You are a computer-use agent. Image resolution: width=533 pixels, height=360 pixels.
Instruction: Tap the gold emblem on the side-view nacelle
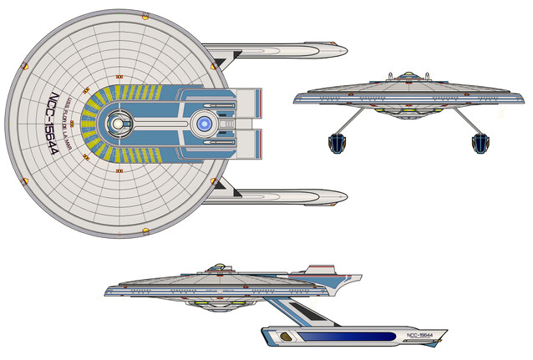(287, 337)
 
